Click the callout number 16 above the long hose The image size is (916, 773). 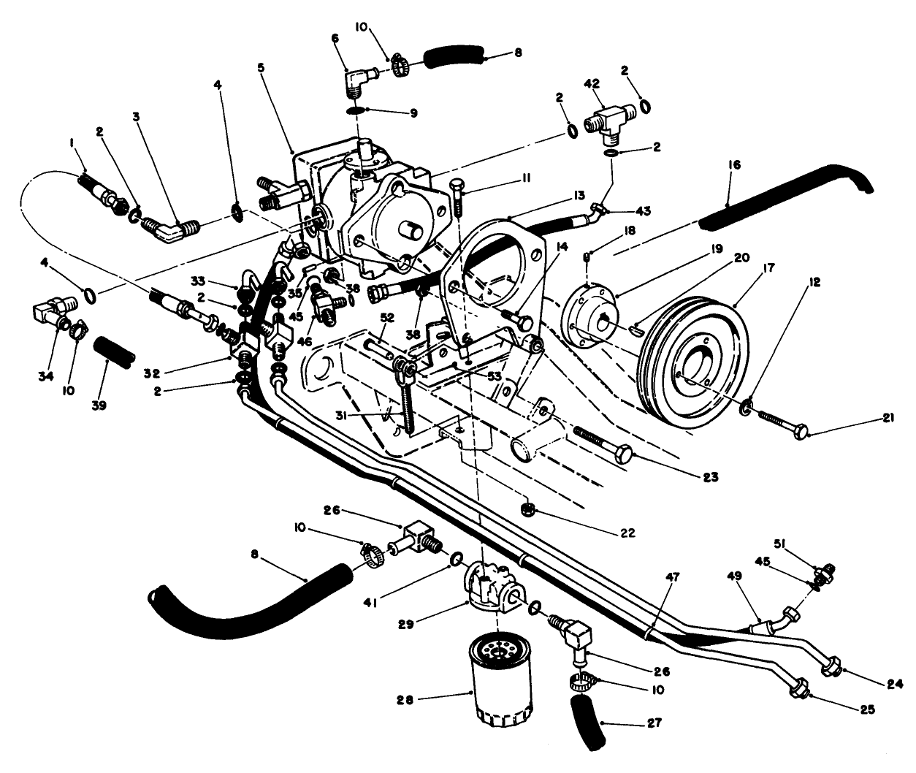click(x=734, y=167)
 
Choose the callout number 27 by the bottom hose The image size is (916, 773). click(x=655, y=723)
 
